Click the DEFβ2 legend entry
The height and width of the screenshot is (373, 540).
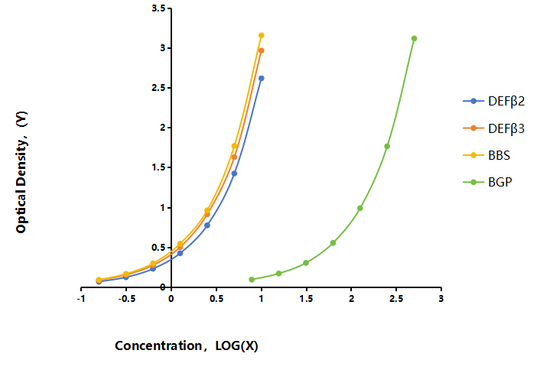point(494,101)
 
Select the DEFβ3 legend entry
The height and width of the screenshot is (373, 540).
point(494,128)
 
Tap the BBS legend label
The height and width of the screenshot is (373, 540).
point(499,155)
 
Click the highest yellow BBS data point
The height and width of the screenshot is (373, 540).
point(262,35)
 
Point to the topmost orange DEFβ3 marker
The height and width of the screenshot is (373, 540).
point(262,50)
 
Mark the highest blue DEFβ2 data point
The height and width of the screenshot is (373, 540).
point(262,79)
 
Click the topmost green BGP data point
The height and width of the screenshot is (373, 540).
point(415,38)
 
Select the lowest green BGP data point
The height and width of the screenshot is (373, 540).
point(252,280)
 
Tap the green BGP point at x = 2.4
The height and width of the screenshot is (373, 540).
point(387,146)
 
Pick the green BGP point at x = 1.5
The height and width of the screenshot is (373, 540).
point(306,263)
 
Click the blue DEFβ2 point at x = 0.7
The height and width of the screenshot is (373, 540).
point(234,174)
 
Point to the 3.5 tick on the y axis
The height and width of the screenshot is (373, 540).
point(170,8)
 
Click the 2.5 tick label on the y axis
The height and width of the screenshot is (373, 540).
point(158,88)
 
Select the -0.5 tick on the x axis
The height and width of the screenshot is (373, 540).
point(126,289)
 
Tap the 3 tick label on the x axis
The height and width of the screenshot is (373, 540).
point(441,299)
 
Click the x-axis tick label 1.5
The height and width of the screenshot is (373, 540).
point(306,299)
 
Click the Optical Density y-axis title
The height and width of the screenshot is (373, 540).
point(21,172)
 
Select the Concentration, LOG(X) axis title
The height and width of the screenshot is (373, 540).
point(187,345)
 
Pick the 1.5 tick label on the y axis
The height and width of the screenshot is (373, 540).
point(158,167)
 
